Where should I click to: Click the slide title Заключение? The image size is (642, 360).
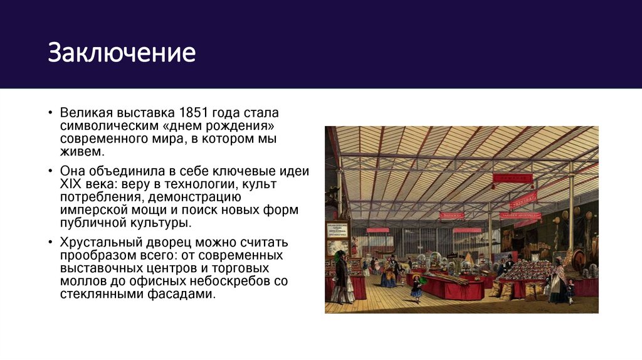pos(122,53)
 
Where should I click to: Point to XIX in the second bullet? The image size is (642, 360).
pos(71,184)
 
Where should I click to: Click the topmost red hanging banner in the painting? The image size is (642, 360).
pos(512,177)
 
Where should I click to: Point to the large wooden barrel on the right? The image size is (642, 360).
pos(578,258)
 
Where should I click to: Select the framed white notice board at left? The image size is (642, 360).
pos(337,238)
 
